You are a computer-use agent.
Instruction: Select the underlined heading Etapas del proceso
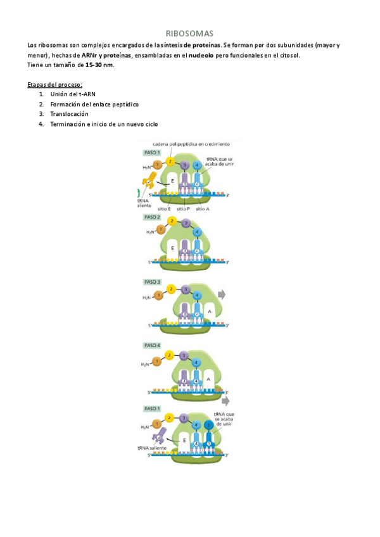(x=55, y=85)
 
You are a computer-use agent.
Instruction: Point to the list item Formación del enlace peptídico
(x=94, y=104)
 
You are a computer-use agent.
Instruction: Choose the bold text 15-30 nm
(x=99, y=65)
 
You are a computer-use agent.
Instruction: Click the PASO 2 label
(x=152, y=217)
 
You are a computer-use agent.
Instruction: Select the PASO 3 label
(x=152, y=281)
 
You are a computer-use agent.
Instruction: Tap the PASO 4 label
(x=152, y=345)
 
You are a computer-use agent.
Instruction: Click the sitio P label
(x=184, y=208)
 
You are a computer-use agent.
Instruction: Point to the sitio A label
(x=202, y=208)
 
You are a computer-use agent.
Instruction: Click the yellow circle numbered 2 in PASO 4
(x=170, y=355)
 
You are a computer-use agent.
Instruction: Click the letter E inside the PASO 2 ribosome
(x=172, y=248)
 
